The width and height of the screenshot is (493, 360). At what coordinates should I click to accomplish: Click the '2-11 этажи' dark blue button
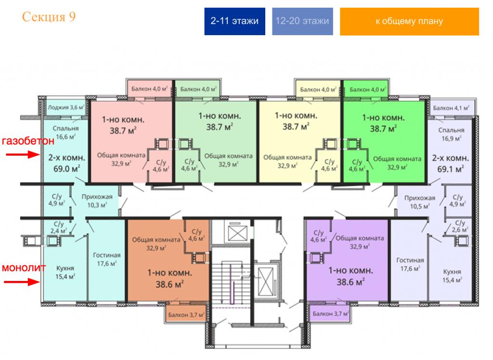(x=234, y=21)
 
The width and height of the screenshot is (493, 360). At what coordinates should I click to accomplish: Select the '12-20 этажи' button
(x=302, y=21)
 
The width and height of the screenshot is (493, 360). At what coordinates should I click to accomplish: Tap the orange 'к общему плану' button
(x=409, y=21)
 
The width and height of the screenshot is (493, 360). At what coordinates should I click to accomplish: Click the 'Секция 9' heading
(x=49, y=17)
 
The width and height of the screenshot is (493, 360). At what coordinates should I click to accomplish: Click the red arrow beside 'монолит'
(x=22, y=281)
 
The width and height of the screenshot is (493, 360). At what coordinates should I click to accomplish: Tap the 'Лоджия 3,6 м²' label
(x=66, y=107)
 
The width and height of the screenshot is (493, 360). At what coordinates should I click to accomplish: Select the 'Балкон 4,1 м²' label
(x=451, y=108)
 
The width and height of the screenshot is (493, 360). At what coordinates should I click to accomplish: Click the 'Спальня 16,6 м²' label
(x=65, y=133)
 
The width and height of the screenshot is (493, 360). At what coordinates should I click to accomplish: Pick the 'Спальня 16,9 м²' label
(x=451, y=134)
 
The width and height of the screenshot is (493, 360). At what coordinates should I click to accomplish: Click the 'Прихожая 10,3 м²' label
(x=97, y=201)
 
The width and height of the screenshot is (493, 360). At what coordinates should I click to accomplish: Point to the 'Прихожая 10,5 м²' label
(x=420, y=202)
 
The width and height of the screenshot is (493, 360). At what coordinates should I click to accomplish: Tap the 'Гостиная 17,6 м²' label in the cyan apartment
(x=106, y=259)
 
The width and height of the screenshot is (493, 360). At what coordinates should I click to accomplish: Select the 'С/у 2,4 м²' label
(x=59, y=227)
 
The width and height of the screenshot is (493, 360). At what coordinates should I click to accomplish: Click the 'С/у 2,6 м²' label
(x=460, y=226)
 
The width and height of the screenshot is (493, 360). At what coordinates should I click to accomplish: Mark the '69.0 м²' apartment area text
(x=66, y=169)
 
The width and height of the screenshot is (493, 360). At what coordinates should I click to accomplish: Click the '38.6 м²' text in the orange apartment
(x=170, y=284)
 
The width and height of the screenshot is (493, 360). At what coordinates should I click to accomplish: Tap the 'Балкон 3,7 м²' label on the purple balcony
(x=331, y=314)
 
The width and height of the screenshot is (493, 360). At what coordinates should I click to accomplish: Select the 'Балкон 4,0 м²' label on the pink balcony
(x=150, y=89)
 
